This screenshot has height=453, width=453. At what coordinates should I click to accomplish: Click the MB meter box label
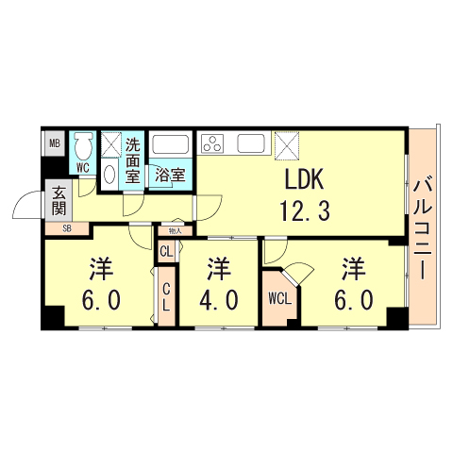click(x=55, y=144)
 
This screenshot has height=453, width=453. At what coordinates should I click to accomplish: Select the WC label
click(x=83, y=168)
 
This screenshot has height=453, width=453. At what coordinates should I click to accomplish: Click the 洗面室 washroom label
click(x=133, y=160)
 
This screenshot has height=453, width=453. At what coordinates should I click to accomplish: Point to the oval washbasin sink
click(x=109, y=174)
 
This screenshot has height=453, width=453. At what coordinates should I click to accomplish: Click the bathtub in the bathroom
click(x=170, y=144)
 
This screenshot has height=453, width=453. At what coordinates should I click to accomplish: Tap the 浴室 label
click(x=170, y=176)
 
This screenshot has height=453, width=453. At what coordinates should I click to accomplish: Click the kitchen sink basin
click(x=251, y=143)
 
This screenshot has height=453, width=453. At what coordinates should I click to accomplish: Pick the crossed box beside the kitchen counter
click(x=287, y=145)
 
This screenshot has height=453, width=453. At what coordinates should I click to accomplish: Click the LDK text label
click(x=304, y=179)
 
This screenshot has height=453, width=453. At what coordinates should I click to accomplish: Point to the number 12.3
click(x=305, y=210)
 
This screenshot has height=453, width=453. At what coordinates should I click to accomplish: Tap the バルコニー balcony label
click(x=423, y=229)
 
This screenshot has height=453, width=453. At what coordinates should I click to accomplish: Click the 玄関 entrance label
click(x=59, y=200)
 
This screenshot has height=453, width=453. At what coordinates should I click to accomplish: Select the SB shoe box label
click(x=67, y=228)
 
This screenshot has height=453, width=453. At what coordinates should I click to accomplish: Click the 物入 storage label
click(x=176, y=231)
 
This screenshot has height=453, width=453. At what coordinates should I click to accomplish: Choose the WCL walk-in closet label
click(x=279, y=298)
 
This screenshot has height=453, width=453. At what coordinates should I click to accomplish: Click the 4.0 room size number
click(x=219, y=299)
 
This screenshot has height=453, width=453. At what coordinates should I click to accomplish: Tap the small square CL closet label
click(x=166, y=251)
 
